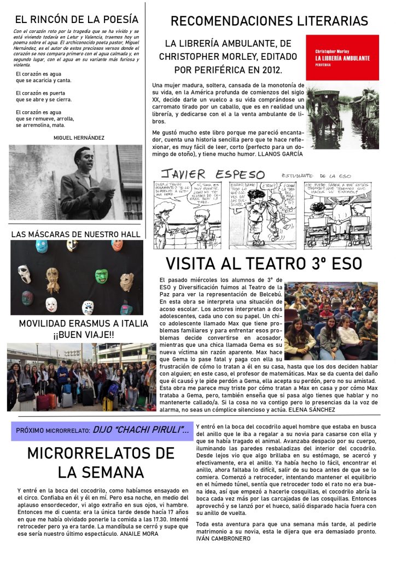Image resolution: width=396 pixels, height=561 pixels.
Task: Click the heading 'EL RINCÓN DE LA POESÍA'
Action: point(77,20)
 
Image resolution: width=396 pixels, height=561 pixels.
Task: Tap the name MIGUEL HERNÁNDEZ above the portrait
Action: point(79,138)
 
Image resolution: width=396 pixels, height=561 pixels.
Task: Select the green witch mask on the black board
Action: point(102,276)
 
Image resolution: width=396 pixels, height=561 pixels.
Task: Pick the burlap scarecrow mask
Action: point(53,279)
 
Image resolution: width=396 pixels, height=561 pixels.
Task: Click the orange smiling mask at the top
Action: point(117,245)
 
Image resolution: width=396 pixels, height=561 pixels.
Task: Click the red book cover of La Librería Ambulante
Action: point(342,57)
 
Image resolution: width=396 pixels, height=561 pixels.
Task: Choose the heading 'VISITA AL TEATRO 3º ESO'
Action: point(264,264)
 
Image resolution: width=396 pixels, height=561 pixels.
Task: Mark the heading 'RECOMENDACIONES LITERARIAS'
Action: point(269,21)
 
